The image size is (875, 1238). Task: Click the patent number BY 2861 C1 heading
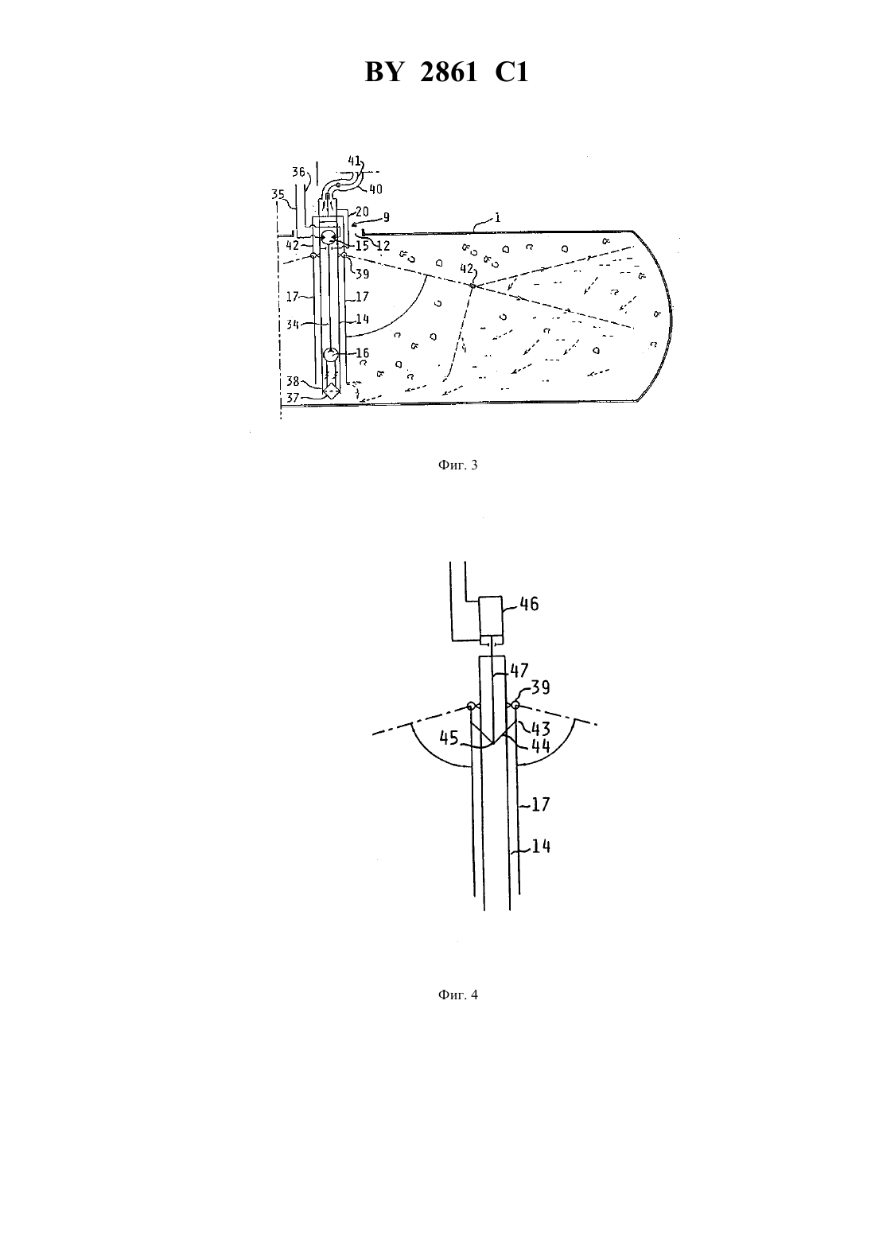tap(446, 72)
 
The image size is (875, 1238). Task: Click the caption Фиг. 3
tap(457, 465)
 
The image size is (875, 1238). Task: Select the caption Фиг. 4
tap(457, 995)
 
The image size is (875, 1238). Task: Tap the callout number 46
tap(529, 604)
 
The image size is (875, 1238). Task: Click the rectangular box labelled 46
tap(491, 617)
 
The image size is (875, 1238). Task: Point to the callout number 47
tap(519, 670)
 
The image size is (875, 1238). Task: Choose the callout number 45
tap(449, 738)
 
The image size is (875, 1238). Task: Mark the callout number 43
tap(539, 728)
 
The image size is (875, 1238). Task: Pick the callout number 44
tap(539, 746)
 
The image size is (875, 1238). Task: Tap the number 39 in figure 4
tap(539, 688)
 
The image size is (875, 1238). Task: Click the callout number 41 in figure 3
tap(354, 161)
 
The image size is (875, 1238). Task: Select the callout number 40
tap(375, 189)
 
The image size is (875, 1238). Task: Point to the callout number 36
tap(299, 172)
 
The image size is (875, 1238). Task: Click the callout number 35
tap(278, 194)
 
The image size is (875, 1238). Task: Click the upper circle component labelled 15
tap(328, 238)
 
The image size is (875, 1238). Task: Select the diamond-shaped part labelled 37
tap(331, 392)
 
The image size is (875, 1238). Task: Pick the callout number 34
tap(293, 324)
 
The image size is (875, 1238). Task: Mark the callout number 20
tap(363, 211)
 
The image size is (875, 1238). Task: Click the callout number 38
tap(293, 381)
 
